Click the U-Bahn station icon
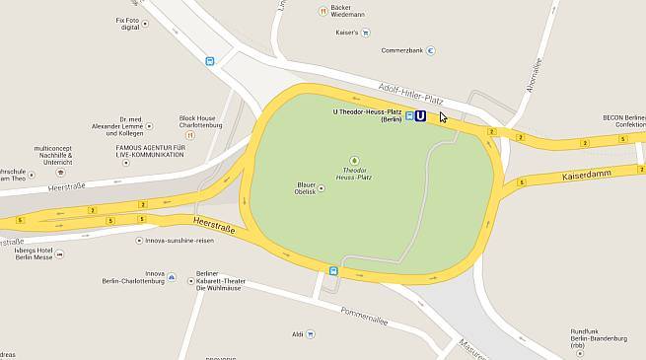[421, 115]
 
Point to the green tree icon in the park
[354, 160]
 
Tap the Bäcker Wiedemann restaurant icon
[322, 11]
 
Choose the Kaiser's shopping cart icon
[364, 33]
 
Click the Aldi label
[297, 334]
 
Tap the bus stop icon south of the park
[333, 270]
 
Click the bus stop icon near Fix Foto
[209, 61]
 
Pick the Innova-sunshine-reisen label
[180, 240]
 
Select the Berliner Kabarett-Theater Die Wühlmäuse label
[218, 280]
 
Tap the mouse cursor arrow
[443, 116]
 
